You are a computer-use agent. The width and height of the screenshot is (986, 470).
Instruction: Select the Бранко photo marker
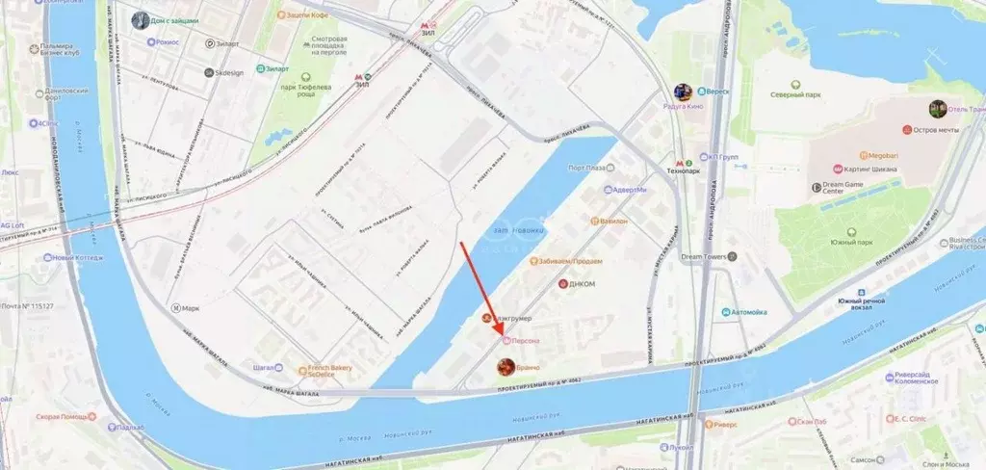(x=505, y=366)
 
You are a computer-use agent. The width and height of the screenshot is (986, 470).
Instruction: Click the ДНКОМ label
(x=582, y=284)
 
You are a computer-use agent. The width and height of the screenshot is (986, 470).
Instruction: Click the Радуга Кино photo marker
(x=683, y=92)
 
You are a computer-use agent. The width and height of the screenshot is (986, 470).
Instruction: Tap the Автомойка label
(x=748, y=312)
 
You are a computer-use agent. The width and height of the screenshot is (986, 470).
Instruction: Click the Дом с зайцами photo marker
(x=142, y=19)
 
